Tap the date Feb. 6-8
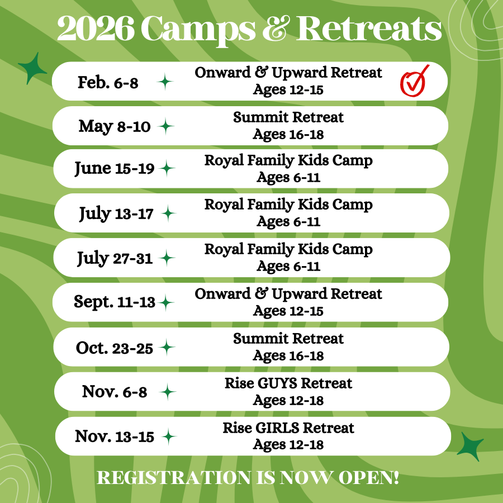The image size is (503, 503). (108, 83)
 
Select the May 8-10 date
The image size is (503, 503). (115, 126)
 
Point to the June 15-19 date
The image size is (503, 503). (115, 168)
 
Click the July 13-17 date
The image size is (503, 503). (116, 213)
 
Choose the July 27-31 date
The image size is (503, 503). (115, 258)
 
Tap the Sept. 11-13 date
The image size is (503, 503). (115, 302)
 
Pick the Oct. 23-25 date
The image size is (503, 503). (115, 348)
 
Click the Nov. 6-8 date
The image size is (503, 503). (115, 392)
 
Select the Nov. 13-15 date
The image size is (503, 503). (115, 436)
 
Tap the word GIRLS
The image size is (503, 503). (277, 428)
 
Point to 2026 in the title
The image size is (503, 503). (96, 29)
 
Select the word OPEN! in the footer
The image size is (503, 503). (369, 478)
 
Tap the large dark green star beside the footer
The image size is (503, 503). (470, 446)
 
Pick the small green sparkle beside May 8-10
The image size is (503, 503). (166, 126)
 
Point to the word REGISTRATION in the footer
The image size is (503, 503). (174, 478)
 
